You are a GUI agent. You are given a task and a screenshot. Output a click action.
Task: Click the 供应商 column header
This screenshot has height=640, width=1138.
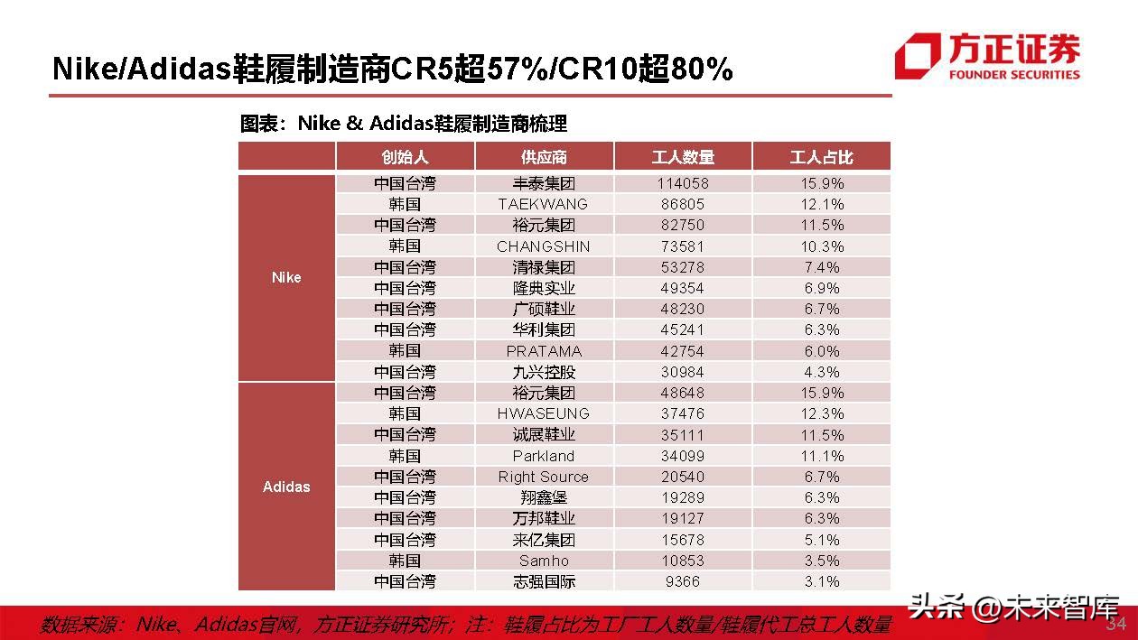pyautogui.click(x=544, y=157)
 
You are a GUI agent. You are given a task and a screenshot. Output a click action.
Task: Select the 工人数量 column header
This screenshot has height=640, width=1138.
pyautogui.click(x=683, y=157)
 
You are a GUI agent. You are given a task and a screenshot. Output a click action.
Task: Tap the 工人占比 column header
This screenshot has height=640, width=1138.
pyautogui.click(x=821, y=157)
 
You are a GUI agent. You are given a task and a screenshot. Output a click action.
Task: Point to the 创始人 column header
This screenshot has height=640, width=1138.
pyautogui.click(x=405, y=157)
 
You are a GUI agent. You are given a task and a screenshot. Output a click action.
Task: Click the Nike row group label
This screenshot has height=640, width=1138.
pyautogui.click(x=286, y=277)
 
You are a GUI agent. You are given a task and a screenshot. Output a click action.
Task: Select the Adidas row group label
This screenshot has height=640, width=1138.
pyautogui.click(x=286, y=487)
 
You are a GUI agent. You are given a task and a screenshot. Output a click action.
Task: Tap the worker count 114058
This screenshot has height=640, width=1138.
pyautogui.click(x=683, y=183)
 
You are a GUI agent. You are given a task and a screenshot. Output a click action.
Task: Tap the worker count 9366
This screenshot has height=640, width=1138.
pyautogui.click(x=683, y=581)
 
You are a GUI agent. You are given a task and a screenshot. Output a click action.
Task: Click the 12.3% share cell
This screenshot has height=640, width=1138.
pyautogui.click(x=821, y=413)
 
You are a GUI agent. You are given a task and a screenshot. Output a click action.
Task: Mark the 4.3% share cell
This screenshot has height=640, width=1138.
pyautogui.click(x=821, y=372)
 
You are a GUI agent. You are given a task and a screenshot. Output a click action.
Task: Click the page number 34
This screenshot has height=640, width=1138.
pyautogui.click(x=1116, y=624)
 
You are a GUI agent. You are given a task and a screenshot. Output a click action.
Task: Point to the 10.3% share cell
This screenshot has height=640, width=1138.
pyautogui.click(x=821, y=246)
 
